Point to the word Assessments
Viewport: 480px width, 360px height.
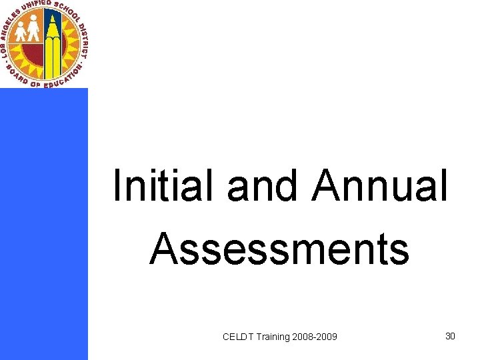(279, 248)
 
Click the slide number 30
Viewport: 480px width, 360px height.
(450, 336)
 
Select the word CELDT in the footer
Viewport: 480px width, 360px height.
(237, 337)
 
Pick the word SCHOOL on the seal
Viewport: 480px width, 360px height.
(71, 14)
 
